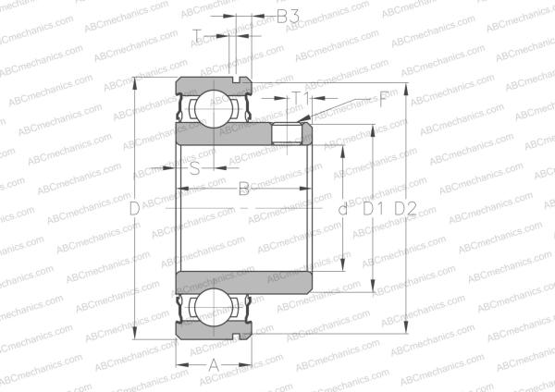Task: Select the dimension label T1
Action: [x=300, y=97]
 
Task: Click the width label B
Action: [x=244, y=190]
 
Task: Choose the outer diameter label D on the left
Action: [x=135, y=210]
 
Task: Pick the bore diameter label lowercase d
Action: [x=343, y=210]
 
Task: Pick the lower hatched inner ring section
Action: [x=245, y=284]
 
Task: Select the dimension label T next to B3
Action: [x=197, y=36]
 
